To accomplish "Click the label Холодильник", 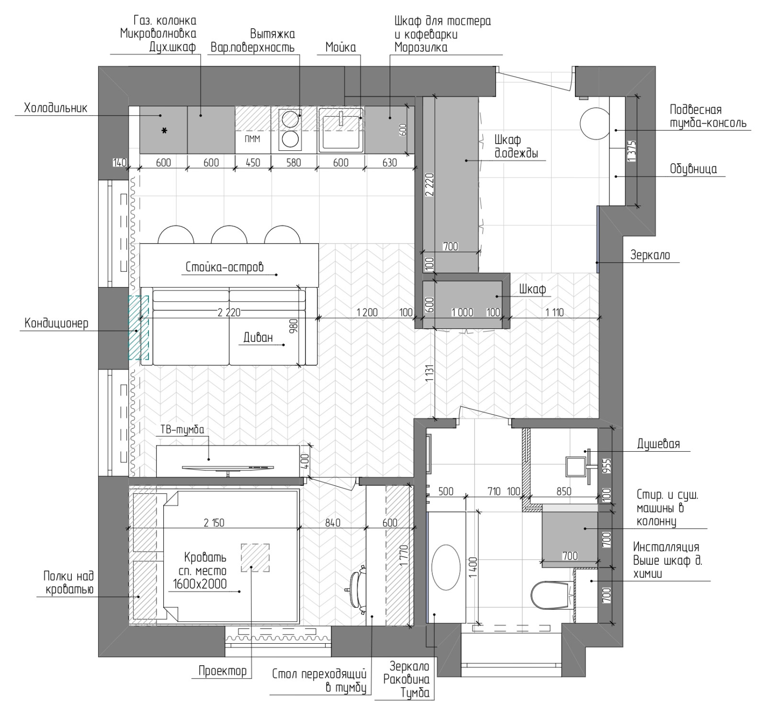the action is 56,108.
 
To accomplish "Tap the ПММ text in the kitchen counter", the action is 252,139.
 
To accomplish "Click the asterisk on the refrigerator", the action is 164,130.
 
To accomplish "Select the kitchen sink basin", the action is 341,129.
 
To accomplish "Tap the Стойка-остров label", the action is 225,267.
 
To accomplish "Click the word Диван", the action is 258,337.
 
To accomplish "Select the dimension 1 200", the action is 367,313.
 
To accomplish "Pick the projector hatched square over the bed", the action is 255,558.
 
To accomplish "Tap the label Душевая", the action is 658,444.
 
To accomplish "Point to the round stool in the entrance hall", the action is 594,123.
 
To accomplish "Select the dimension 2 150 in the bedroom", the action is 214,523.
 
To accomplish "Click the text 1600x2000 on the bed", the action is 198,584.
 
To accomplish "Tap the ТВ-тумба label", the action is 181,429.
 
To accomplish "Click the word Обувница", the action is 693,169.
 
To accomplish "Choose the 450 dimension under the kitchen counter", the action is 252,163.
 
